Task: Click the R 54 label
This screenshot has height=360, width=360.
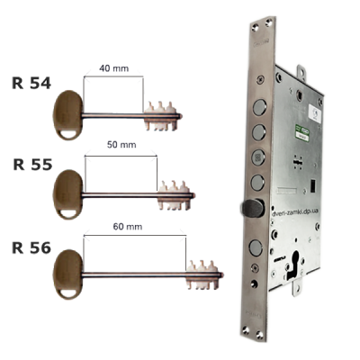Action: (31, 84)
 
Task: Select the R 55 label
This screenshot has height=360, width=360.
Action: (32, 165)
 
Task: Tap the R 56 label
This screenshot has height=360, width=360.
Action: (31, 247)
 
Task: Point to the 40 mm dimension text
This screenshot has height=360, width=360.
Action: (114, 68)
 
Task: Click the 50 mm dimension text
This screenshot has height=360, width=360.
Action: (121, 145)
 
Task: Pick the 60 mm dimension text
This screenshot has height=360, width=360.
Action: (128, 227)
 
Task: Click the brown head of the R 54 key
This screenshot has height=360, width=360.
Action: (68, 115)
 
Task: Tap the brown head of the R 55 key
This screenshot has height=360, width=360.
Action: (68, 194)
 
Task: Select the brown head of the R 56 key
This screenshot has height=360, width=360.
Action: (68, 274)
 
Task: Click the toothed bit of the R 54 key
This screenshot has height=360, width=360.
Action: (162, 116)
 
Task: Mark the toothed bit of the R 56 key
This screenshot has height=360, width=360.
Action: (204, 274)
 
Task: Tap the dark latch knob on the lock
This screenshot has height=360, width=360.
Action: (253, 208)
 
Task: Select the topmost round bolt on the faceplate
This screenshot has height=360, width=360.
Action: (259, 107)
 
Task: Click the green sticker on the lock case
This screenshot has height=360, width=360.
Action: (302, 131)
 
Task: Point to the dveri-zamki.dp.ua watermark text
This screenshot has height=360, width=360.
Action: (294, 211)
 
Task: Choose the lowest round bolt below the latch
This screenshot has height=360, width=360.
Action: (256, 247)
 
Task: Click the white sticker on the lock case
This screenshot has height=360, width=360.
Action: (314, 112)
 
